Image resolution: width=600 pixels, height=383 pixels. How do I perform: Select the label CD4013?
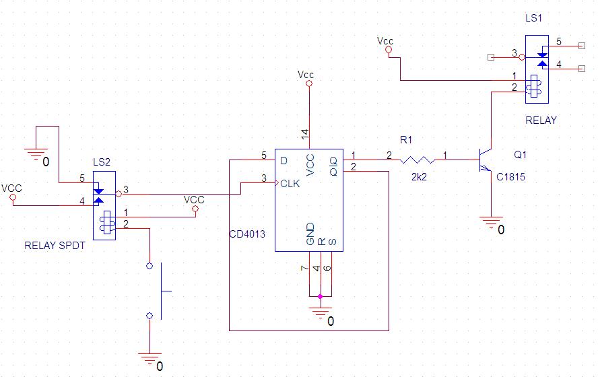pos(247,235)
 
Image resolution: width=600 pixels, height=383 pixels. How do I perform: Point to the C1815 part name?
pos(510,178)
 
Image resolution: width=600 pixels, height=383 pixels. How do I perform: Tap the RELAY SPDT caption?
pos(55,246)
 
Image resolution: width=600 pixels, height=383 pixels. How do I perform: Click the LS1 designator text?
pos(535,18)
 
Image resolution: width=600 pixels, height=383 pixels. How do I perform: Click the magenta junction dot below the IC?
pos(321,296)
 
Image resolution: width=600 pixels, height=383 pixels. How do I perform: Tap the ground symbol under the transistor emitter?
pos(491,219)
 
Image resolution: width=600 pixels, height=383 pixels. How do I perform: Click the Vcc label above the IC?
pos(306,73)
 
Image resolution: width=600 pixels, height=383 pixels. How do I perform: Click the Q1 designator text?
pos(521,155)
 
